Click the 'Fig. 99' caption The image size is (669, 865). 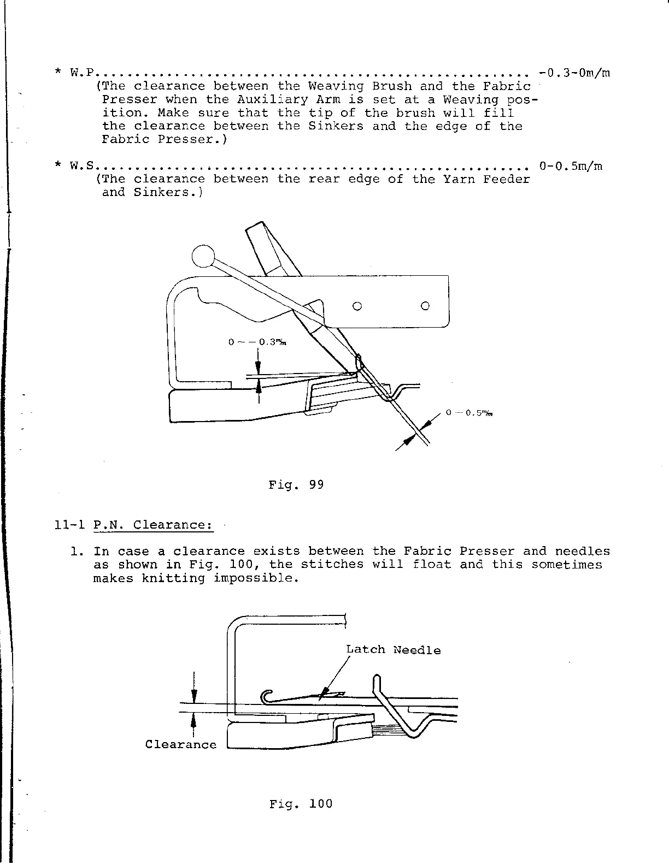pos(296,484)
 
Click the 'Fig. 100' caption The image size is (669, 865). pos(301,804)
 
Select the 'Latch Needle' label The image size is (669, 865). pos(393,650)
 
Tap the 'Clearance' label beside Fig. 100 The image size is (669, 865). pos(180,744)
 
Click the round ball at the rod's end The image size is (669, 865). pos(203,256)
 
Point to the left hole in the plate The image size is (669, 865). pos(357,306)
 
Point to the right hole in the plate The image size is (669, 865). pos(425,306)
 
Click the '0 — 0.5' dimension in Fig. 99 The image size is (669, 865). pos(470,413)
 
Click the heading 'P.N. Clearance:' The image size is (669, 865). pos(152,525)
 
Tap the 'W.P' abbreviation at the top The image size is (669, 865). pos(83,73)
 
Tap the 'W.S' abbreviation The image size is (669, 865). pos(83,165)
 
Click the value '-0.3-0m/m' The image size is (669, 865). pos(574,73)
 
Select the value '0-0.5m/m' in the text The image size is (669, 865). pos(571,165)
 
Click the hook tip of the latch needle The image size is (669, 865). pos(265,697)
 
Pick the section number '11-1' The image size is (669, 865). pos(69,525)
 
